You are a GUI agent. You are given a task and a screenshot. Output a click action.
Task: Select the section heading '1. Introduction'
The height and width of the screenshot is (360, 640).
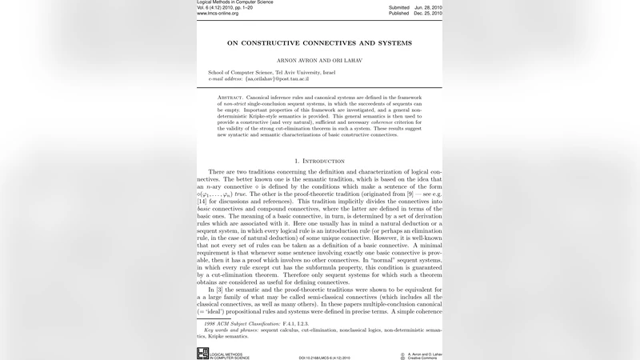319,161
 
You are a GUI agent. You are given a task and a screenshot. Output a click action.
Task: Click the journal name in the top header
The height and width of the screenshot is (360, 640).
234,2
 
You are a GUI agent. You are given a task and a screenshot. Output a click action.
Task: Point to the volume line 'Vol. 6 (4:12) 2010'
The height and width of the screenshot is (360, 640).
225,8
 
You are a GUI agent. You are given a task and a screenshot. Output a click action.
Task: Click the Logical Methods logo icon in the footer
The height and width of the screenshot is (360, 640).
202,354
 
